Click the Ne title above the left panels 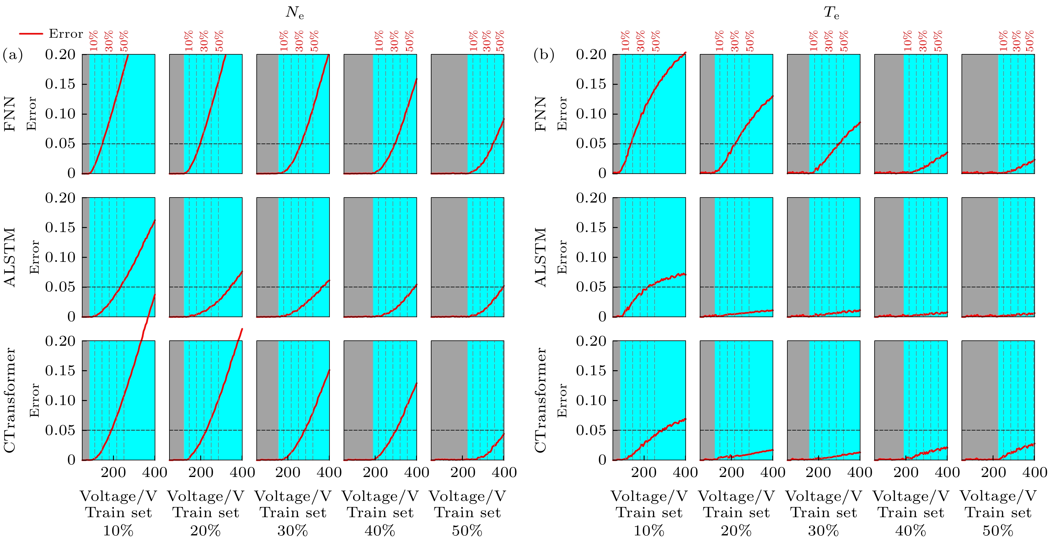click(294, 13)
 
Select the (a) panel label click(13, 54)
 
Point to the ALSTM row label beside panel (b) click(540, 257)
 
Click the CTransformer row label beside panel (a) click(10, 400)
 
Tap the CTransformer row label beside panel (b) click(540, 400)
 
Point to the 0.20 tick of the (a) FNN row click(60, 54)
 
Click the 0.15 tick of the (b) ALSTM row click(591, 227)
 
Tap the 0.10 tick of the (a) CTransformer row click(60, 400)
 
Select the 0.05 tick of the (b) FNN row click(591, 144)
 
